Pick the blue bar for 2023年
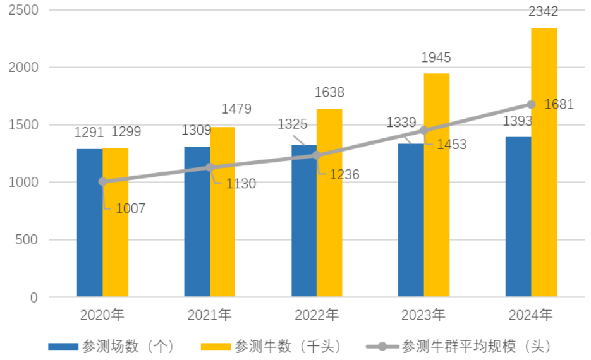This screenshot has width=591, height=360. [411, 220]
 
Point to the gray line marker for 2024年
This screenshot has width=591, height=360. [531, 105]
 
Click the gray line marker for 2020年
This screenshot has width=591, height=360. [102, 182]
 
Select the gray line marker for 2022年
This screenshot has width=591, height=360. [317, 155]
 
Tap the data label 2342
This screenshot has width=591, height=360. [543, 12]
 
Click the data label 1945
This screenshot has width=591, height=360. [436, 58]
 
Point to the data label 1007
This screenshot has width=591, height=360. [130, 208]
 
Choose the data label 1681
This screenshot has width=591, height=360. [559, 105]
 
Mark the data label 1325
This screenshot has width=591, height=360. [293, 124]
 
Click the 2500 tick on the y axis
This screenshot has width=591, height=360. [25, 11]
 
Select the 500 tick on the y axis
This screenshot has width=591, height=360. [28, 240]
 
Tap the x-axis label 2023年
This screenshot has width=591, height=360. [423, 315]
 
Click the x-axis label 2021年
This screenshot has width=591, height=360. [209, 315]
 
